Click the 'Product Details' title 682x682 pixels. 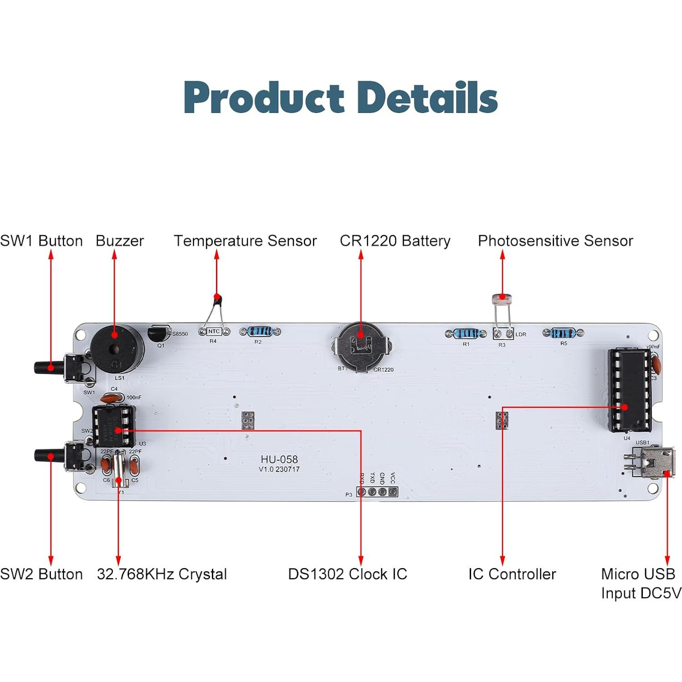click(x=340, y=97)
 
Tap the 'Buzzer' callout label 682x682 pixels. click(x=119, y=241)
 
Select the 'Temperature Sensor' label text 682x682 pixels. click(x=245, y=241)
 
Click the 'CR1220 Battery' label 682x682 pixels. click(x=395, y=241)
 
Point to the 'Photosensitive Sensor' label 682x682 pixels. click(x=555, y=241)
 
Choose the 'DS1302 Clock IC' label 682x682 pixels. click(x=348, y=574)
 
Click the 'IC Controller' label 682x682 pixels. click(x=512, y=574)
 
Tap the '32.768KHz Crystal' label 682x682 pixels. click(x=162, y=574)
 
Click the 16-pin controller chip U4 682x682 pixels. click(x=630, y=390)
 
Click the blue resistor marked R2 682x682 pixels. click(x=260, y=332)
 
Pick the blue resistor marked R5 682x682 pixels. click(x=563, y=333)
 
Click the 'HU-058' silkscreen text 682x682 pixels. click(x=279, y=459)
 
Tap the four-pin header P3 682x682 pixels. click(x=377, y=492)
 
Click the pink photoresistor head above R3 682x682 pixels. click(x=502, y=299)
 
